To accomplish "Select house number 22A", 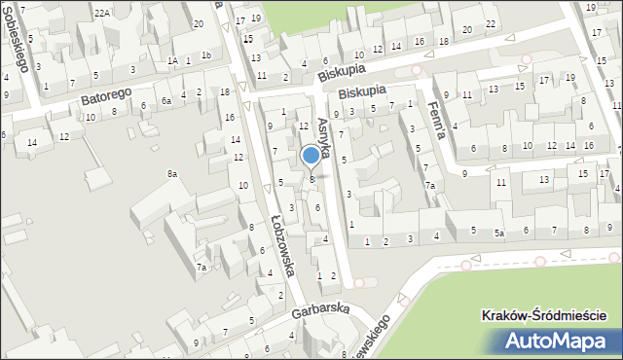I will pos(102,13).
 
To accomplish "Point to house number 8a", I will pos(171,173).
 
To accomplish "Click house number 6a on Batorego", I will pos(166,100).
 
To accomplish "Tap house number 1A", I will pos(172,60).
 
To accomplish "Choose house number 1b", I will pos(205,55).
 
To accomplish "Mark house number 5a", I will pos(499,234).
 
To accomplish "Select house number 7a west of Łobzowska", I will pos(202,267).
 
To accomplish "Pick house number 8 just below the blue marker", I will pos(311,178).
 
